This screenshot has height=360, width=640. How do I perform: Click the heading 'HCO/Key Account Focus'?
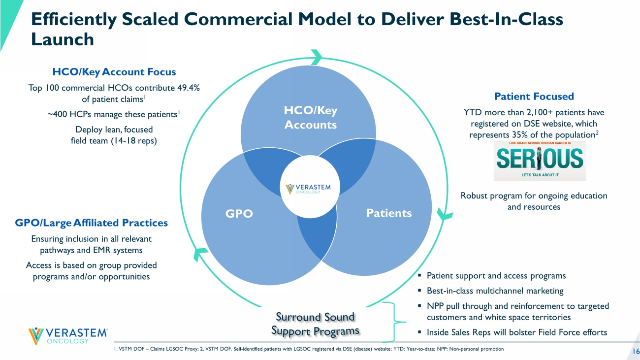pyautogui.click(x=114, y=72)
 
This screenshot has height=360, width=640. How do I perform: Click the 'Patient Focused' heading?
pyautogui.click(x=534, y=97)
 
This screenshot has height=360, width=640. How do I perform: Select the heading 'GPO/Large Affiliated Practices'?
pyautogui.click(x=91, y=223)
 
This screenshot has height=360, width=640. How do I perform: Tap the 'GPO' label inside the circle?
pyautogui.click(x=239, y=214)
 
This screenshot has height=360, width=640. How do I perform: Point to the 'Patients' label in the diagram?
pyautogui.click(x=389, y=213)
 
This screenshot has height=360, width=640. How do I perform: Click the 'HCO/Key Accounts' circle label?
pyautogui.click(x=310, y=118)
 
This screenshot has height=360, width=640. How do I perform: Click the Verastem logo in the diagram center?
pyautogui.click(x=309, y=189)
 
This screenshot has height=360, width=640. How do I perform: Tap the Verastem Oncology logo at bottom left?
pyautogui.click(x=68, y=335)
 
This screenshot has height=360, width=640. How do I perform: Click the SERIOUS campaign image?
pyautogui.click(x=540, y=161)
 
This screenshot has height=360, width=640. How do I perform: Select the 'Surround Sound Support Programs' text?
pyautogui.click(x=316, y=324)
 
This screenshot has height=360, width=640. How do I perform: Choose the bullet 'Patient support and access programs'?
pyautogui.click(x=496, y=276)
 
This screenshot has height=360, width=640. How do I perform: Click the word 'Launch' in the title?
pyautogui.click(x=63, y=39)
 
